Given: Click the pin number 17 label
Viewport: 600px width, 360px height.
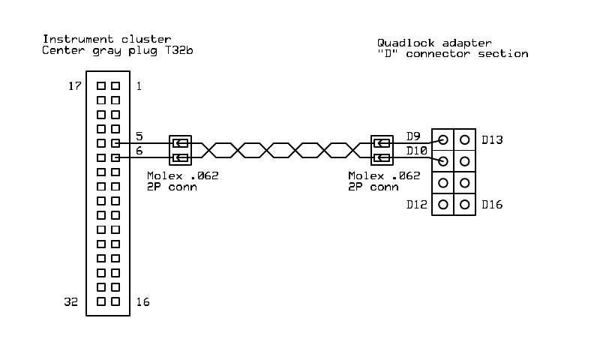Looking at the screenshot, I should pos(75,86).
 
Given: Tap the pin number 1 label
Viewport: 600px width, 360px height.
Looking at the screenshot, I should pos(139,86).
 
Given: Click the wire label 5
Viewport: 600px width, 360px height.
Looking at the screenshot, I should pos(139,136).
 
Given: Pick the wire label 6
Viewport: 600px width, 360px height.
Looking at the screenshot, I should pos(139,151).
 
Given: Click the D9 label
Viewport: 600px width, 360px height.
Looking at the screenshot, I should pos(413,136).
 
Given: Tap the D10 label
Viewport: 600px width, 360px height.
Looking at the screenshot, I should pos(416,151).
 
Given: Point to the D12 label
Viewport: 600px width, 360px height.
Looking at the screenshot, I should pos(416,204).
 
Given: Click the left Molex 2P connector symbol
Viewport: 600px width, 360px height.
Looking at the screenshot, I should pos(180,150).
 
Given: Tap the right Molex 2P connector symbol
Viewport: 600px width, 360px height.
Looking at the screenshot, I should pos(382,150).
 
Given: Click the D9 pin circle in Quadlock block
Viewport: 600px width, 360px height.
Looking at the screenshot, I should pos(443,139).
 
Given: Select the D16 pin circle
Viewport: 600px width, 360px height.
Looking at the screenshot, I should pos(465,204).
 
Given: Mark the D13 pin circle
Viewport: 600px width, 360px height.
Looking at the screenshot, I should pos(465,139).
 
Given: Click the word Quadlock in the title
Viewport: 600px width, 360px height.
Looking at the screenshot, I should pos(403,43).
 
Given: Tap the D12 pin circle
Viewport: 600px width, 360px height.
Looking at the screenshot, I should pos(443,204).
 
